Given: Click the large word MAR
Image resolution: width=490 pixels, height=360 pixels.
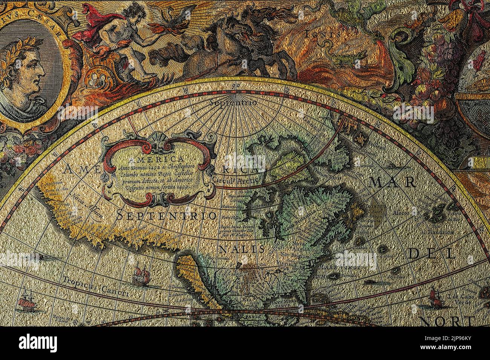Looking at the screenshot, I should click(393, 182).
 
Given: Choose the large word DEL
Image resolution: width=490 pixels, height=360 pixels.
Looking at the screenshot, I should click(432, 253).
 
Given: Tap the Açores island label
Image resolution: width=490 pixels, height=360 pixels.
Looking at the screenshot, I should click(400, 213).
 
